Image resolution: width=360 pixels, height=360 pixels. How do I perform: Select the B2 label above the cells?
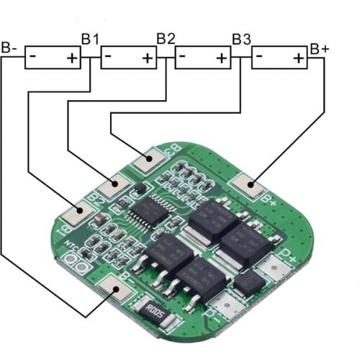pyautogui.click(x=166, y=37)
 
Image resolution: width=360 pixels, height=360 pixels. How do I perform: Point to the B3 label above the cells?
pyautogui.click(x=241, y=37)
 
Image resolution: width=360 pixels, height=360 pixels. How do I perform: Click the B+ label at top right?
pyautogui.click(x=320, y=48)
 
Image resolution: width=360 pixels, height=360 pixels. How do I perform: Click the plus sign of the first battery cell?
pyautogui.click(x=73, y=58)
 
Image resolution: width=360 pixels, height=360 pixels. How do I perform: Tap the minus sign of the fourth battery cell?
pyautogui.click(x=259, y=55)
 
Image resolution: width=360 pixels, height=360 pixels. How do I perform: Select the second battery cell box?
pyautogui.click(x=128, y=58)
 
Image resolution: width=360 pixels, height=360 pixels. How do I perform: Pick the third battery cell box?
pyautogui.click(x=203, y=58)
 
